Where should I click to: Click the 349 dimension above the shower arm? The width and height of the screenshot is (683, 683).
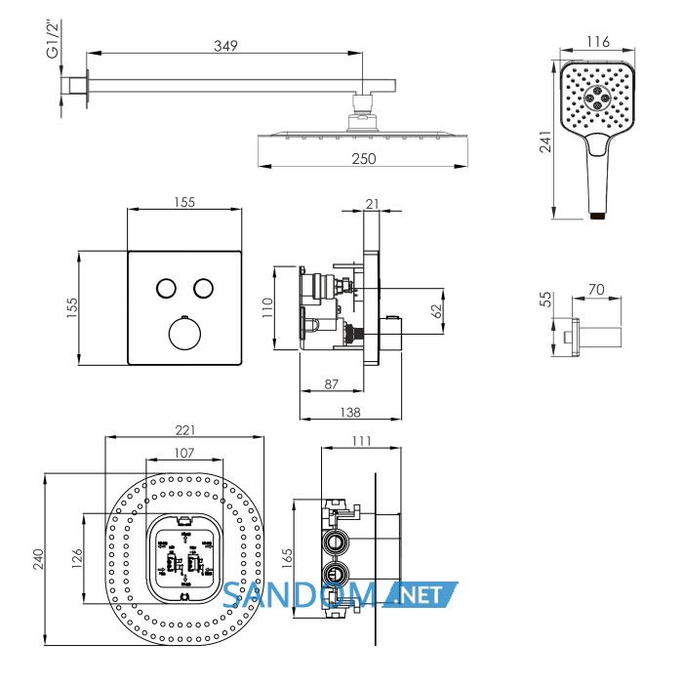tap(225, 46)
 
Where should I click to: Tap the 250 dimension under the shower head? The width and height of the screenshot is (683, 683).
tap(364, 158)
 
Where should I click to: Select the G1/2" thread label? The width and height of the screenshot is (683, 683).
tap(53, 39)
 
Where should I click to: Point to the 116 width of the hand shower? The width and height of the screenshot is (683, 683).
tap(597, 42)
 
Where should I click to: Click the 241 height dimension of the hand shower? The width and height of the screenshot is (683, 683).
tap(545, 141)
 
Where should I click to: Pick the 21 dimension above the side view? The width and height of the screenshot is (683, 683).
tap(372, 204)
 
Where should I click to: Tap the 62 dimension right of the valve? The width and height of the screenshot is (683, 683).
tap(436, 311)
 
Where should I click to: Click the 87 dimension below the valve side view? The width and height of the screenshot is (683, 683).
tap(332, 384)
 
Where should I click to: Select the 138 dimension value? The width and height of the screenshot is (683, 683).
tap(350, 412)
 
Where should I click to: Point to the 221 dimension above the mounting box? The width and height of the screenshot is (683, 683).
tap(185, 430)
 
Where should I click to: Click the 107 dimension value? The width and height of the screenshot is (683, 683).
tap(184, 453)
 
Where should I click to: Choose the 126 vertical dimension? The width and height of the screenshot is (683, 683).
tap(77, 558)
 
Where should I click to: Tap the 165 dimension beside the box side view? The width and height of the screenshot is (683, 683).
tap(287, 558)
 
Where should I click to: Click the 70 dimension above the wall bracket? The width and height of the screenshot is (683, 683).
tap(596, 289)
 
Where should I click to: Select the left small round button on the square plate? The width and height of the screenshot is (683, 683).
tap(166, 289)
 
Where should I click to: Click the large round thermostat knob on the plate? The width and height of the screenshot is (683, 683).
tap(184, 334)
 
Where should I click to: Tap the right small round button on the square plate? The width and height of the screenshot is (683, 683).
tap(203, 289)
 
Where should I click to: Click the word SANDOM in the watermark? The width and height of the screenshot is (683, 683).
tap(300, 595)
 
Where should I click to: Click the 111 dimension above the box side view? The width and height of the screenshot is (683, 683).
tap(361, 441)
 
